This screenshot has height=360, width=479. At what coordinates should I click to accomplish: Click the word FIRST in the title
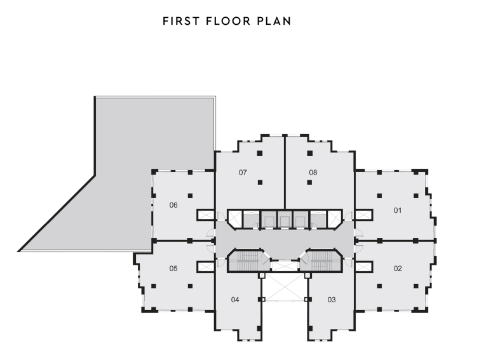tap(181, 21)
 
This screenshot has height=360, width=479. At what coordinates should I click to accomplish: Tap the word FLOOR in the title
tap(228, 21)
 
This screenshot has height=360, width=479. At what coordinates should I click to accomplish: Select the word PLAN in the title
tap(274, 21)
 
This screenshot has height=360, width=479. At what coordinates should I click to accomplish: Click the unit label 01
tap(398, 210)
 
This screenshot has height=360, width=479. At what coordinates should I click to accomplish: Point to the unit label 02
tap(398, 269)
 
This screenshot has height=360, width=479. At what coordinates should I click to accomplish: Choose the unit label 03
tap(332, 300)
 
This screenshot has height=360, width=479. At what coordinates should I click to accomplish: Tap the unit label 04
tap(235, 300)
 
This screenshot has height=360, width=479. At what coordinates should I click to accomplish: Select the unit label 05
tap(173, 269)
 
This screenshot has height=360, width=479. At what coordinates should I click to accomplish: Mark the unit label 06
tap(173, 205)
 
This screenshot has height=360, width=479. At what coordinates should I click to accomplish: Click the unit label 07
tap(243, 173)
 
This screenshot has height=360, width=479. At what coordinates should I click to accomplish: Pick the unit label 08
tap(313, 173)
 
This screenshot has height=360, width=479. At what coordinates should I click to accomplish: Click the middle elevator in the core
tap(285, 219)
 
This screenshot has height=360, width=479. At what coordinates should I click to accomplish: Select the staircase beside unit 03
tap(320, 260)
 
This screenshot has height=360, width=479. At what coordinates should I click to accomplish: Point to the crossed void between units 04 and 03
tap(285, 287)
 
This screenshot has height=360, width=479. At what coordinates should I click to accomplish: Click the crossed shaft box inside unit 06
tap(205, 215)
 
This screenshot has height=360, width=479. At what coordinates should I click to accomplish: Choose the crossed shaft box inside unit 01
tap(363, 215)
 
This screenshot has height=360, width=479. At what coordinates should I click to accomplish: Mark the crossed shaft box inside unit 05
tap(205, 267)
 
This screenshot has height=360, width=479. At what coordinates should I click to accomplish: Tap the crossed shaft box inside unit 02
tap(363, 267)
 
